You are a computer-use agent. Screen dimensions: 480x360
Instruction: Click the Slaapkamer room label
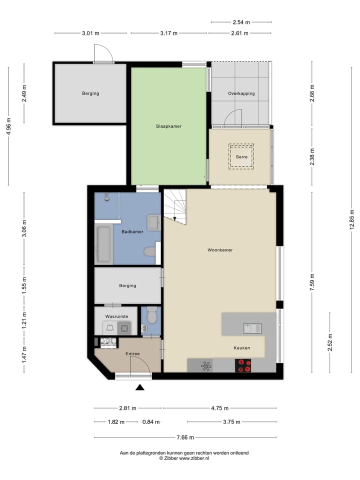click(168, 126)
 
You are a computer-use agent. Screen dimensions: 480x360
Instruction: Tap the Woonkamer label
click(220, 249)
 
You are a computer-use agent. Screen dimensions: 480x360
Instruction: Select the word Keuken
click(241, 348)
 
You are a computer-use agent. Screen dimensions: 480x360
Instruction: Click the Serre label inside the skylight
click(241, 157)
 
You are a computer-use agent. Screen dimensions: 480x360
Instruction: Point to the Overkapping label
click(241, 93)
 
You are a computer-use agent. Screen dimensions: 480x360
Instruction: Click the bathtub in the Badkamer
click(104, 244)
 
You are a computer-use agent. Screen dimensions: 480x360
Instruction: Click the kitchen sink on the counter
click(251, 328)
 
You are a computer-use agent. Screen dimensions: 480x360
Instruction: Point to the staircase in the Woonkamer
click(174, 205)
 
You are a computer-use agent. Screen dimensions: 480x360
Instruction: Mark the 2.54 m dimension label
click(241, 22)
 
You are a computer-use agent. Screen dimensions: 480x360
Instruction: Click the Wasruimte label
click(116, 316)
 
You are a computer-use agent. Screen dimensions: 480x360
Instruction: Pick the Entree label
click(132, 354)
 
